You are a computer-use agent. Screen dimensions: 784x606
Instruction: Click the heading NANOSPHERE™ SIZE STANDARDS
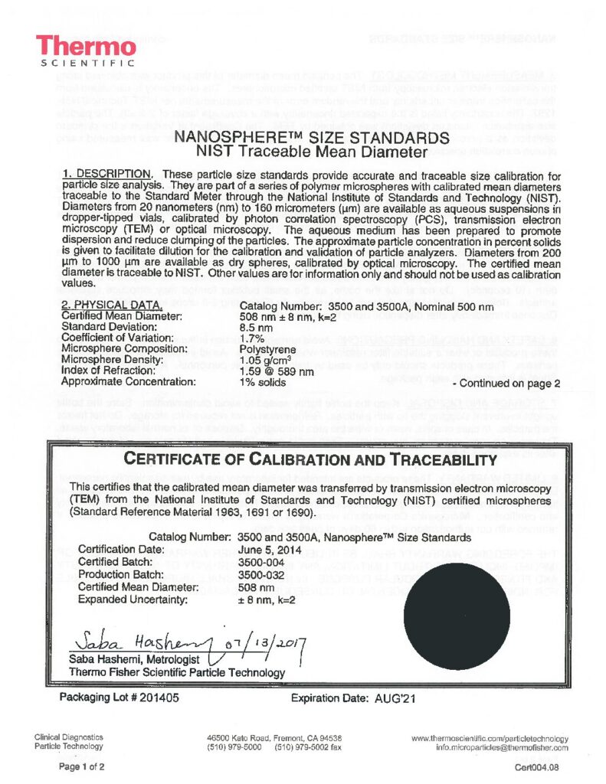click(x=311, y=138)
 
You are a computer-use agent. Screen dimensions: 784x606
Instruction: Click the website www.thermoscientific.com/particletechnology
click(x=490, y=738)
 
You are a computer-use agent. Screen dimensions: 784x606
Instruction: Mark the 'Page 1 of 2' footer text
click(x=83, y=766)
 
